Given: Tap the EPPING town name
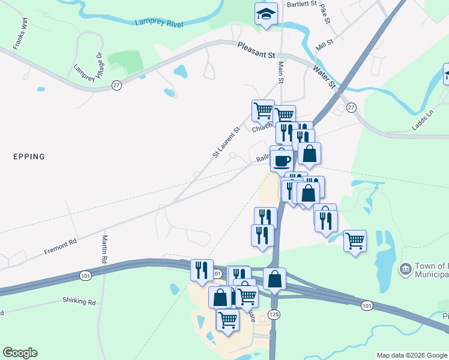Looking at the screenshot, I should tap(29, 157).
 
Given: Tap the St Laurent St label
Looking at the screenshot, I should tap(226, 142).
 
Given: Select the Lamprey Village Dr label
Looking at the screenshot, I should tap(87, 67).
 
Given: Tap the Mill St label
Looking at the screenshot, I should tap(324, 43).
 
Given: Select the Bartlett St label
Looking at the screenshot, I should tap(301, 4).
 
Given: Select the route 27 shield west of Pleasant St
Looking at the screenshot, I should tap(116, 86).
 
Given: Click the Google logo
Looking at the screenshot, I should tap(20, 353).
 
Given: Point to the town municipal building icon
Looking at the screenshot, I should tap(406, 268).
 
